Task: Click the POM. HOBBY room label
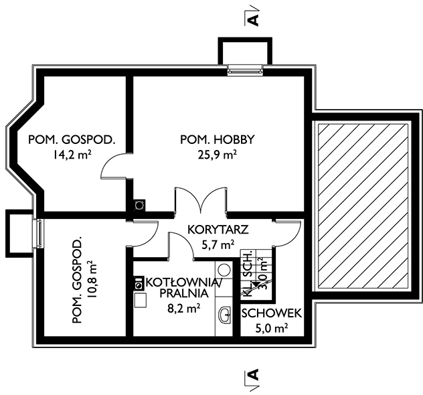[x=217, y=139]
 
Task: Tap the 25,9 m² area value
[x=217, y=155]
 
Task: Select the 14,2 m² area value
[x=72, y=155]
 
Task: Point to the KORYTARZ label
[x=218, y=230]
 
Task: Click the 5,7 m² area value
[x=218, y=245]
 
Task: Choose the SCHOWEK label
[x=271, y=313]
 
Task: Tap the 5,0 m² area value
[x=271, y=328]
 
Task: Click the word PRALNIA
[x=184, y=293]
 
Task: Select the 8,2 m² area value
[x=184, y=308]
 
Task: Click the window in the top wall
[x=245, y=71]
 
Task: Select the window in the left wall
[x=38, y=233]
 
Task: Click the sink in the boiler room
[x=225, y=315]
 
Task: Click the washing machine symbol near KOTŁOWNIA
[x=139, y=283]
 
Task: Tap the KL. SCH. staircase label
[x=248, y=274]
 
